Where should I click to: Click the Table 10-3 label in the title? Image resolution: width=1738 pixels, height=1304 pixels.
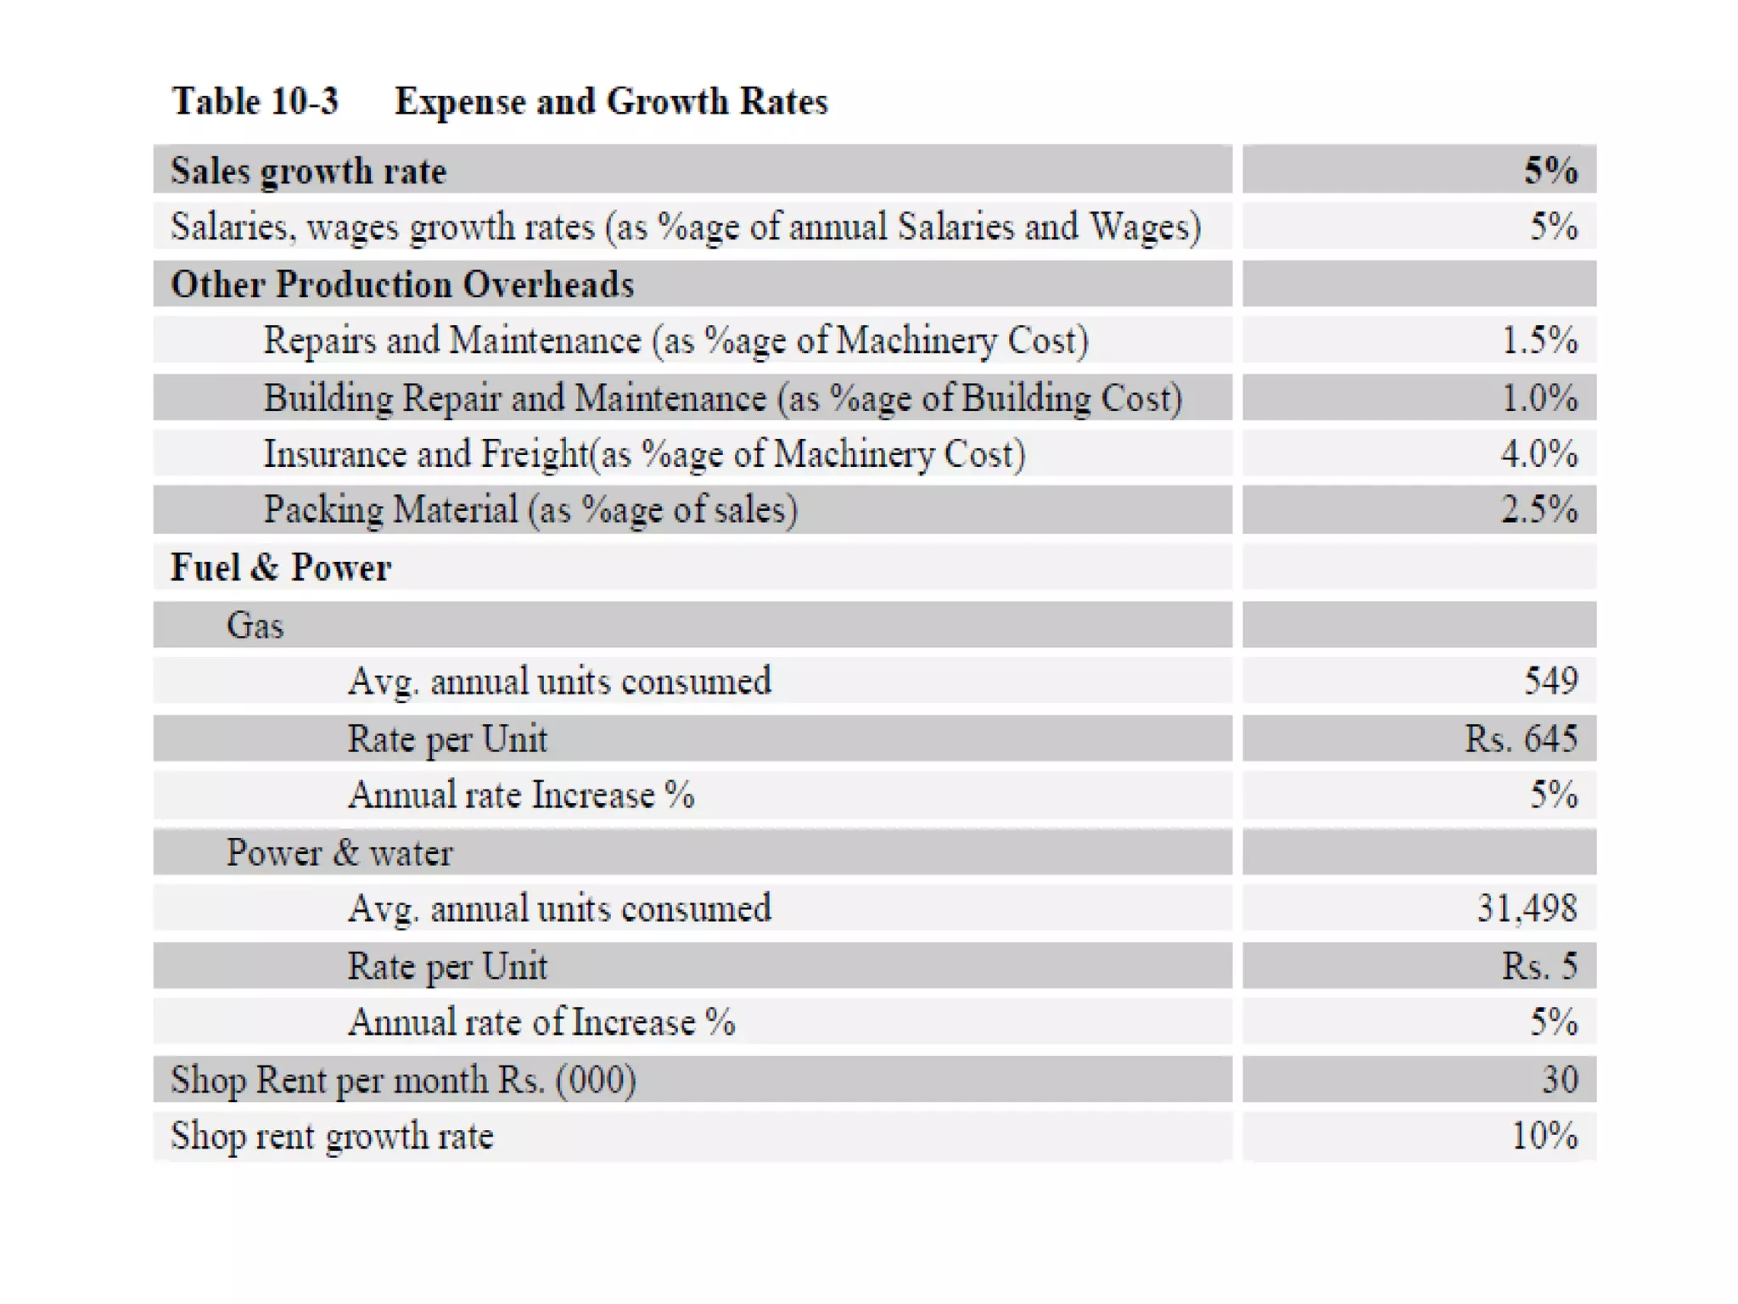[x=255, y=102]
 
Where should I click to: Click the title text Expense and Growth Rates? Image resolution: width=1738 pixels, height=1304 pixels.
[x=611, y=102]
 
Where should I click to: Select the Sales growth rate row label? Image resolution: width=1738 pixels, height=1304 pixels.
[x=308, y=171]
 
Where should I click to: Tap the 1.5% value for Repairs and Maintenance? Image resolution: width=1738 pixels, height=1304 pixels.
[x=1539, y=340]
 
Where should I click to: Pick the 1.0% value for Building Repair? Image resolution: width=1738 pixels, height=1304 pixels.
[x=1539, y=397]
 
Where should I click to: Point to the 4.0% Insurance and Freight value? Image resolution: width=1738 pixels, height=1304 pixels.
[x=1539, y=453]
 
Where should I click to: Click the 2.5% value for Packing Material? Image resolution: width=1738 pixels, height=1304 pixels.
[x=1539, y=509]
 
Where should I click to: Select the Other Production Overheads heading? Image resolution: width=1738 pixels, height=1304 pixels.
[x=402, y=284]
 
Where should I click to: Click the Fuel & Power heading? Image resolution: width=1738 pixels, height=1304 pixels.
[x=281, y=567]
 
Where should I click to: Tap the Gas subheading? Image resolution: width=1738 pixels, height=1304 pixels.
[x=255, y=626]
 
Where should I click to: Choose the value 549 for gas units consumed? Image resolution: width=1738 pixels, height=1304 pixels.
[x=1550, y=681]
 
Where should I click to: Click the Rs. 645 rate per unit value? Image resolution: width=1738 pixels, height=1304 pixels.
[x=1521, y=739]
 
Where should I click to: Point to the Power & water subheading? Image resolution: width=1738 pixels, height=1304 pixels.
[x=339, y=852]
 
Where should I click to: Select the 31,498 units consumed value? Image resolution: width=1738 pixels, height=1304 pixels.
[x=1527, y=908]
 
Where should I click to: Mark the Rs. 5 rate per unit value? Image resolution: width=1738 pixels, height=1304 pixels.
[x=1539, y=966]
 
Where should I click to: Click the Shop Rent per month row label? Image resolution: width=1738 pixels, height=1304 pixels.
[x=403, y=1080]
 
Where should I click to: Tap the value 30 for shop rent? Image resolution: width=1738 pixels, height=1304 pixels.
[x=1560, y=1080]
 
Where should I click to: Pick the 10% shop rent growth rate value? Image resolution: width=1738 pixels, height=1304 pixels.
[x=1545, y=1136]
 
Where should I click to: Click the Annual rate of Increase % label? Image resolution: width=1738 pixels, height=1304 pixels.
[x=541, y=1022]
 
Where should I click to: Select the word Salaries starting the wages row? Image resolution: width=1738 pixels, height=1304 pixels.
[x=229, y=227]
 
